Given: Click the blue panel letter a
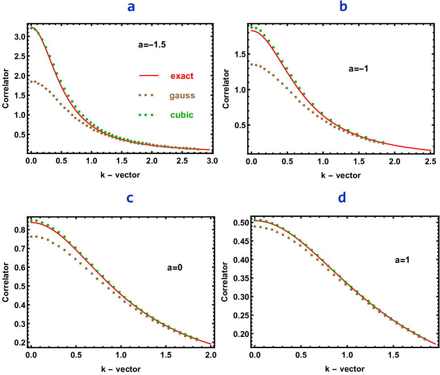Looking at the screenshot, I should coord(131,7).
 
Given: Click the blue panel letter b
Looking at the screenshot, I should coord(343,7).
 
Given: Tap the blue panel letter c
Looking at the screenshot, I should coord(130,198).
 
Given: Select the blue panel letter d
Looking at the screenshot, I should coord(342,198).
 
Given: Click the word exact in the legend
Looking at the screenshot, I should coord(182,76).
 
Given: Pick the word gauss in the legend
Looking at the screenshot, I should coord(182,95).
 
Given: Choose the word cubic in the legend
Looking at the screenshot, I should coord(182,115).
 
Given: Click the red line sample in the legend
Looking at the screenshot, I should coord(149,76).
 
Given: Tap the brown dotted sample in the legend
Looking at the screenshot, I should coord(146,95).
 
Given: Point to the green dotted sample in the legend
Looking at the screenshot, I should coord(146,115).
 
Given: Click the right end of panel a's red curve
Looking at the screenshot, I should coord(209,150).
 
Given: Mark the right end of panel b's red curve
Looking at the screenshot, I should coord(431,150).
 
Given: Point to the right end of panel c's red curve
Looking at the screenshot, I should coord(211,344).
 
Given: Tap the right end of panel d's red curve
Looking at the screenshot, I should coord(435,344).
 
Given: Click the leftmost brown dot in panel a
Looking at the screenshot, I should coord(31,82).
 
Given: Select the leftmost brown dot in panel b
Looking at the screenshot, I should coord(252,65).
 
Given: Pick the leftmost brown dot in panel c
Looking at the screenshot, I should coord(31,236).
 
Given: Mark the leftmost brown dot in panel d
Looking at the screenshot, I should coord(255,226).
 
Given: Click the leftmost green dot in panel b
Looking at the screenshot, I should coord(252,28).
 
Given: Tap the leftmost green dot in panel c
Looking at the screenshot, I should coord(31,221).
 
